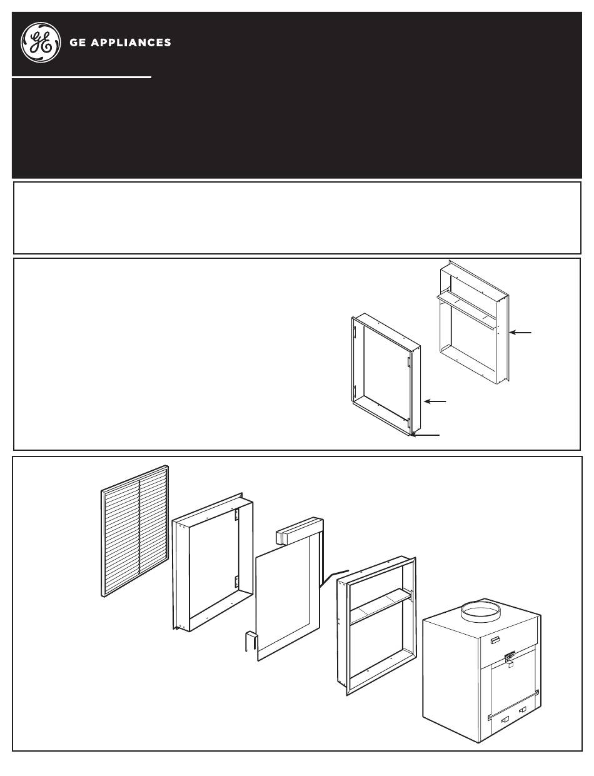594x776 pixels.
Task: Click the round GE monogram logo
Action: tap(41, 42)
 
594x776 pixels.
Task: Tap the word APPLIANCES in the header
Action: tap(131, 43)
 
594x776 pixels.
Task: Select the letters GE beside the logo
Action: tap(78, 43)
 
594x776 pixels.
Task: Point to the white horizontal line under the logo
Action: tap(81, 77)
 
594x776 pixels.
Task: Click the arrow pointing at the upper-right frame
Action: tap(520, 333)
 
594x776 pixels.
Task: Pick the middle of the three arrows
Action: tap(435, 401)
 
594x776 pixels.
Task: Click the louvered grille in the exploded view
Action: tap(134, 531)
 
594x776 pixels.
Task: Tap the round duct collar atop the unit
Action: tap(481, 612)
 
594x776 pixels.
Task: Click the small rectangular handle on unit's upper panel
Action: tap(495, 640)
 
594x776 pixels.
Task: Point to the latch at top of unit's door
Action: tap(510, 656)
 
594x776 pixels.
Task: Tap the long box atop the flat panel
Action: tap(300, 530)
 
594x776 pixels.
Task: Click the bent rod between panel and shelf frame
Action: tap(334, 578)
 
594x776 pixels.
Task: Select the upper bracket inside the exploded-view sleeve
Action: tap(237, 515)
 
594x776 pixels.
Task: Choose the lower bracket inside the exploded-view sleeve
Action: tap(237, 582)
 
